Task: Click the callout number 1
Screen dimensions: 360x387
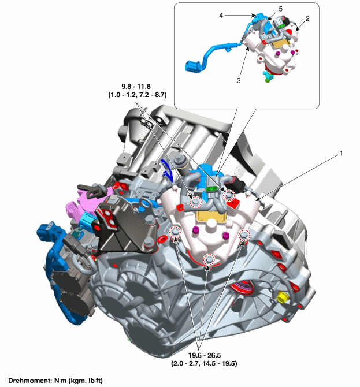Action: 341,154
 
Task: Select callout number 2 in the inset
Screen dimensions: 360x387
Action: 307,18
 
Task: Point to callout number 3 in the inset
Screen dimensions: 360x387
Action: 239,80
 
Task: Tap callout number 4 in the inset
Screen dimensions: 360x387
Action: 221,15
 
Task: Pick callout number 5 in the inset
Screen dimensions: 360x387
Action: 280,9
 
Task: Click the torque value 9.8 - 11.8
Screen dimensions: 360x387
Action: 136,87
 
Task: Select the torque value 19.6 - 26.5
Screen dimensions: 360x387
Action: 205,355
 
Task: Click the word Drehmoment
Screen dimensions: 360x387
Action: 30,381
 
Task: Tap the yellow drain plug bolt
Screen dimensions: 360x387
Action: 282,297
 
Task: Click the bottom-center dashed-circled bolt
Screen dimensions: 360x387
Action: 209,259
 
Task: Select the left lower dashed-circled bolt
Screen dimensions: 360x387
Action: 175,232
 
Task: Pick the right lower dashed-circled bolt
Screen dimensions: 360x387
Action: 244,235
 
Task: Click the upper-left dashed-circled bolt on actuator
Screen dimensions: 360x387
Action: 195,202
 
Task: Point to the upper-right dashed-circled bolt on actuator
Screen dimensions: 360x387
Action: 229,195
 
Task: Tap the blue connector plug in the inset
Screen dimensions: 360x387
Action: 192,66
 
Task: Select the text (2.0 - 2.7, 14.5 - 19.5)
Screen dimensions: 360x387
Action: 204,363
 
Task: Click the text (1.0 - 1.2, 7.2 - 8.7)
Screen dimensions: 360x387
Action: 138,95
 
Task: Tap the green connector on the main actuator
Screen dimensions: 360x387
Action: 211,189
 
